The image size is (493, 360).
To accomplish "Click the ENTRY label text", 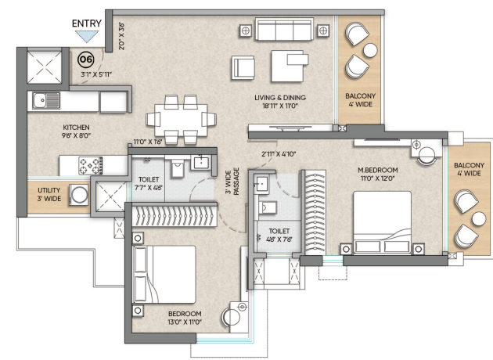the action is point(86,23).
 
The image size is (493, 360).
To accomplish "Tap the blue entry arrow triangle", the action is point(87,36).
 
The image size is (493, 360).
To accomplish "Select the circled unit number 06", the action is point(86,59).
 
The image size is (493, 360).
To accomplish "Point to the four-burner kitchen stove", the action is point(91,166).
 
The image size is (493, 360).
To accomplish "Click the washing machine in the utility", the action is point(79,195).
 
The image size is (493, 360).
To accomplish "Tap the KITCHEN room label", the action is point(76,128).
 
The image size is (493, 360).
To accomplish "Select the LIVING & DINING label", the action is point(280,98).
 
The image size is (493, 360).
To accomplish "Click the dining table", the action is point(181,120).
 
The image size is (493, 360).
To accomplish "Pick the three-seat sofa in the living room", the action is point(284,29).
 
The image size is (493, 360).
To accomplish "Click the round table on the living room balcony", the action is point(370,50).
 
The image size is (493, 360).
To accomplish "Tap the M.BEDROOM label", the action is point(378,170).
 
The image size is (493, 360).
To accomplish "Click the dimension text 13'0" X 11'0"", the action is point(185,322).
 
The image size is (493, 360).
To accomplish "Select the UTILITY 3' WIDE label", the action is point(49,194).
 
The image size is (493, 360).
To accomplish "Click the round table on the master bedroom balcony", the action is point(479,218).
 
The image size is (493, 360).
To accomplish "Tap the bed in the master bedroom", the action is point(383,222).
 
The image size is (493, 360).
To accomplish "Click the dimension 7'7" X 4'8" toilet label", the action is point(149,188).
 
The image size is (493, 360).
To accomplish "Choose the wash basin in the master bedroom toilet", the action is point(261,183).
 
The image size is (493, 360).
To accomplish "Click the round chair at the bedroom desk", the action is point(232,316).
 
